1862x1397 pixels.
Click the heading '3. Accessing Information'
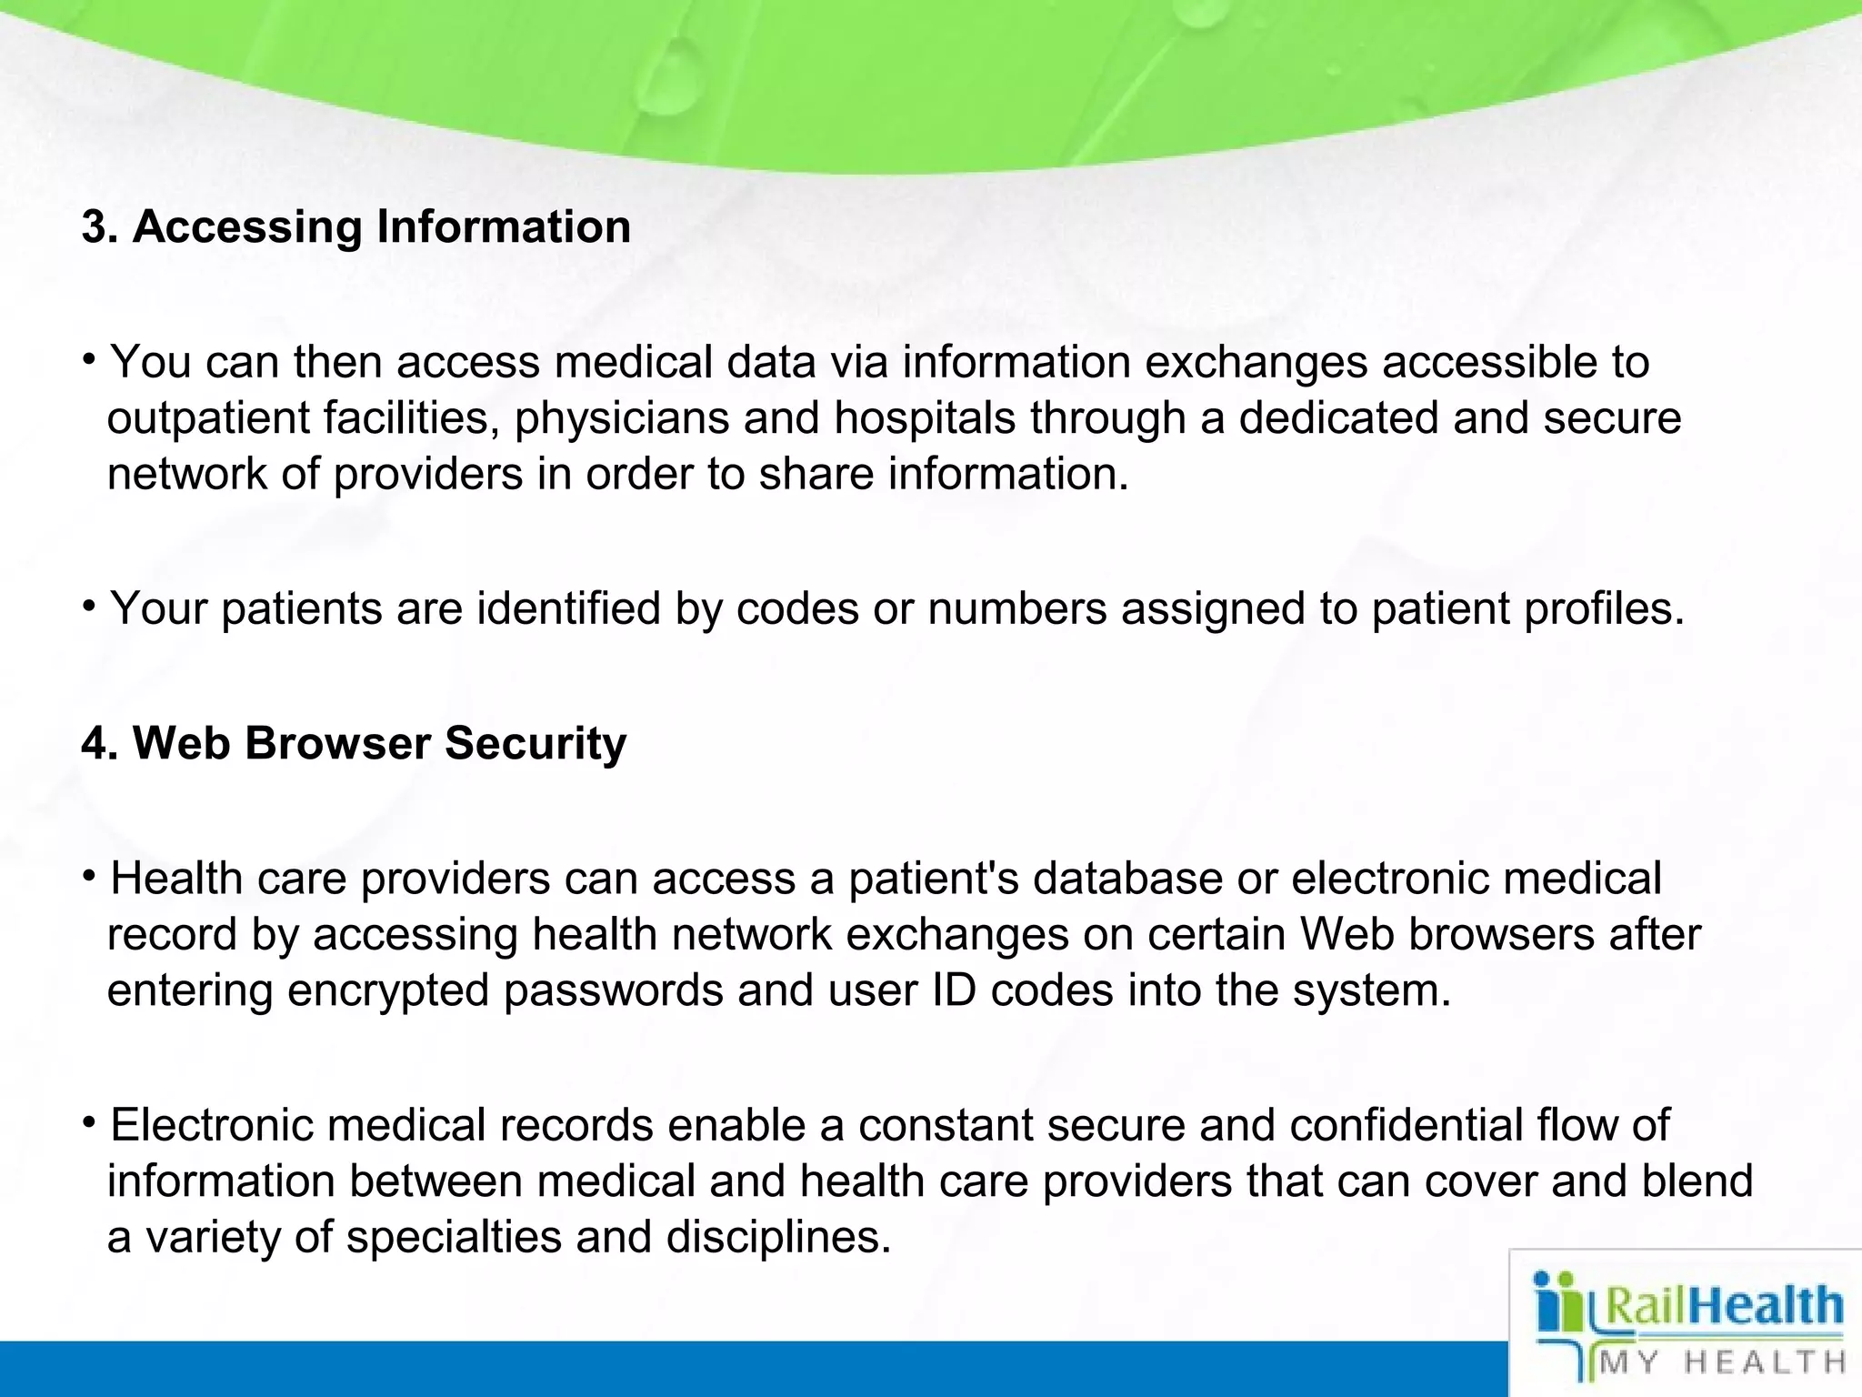click(355, 226)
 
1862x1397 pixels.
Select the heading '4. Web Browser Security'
click(354, 743)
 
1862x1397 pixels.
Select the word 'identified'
click(568, 608)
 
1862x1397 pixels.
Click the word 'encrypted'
click(388, 990)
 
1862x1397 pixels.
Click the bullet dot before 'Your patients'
click(89, 605)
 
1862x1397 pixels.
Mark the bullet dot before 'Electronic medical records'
click(89, 1122)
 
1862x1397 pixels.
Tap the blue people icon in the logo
click(1557, 1305)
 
